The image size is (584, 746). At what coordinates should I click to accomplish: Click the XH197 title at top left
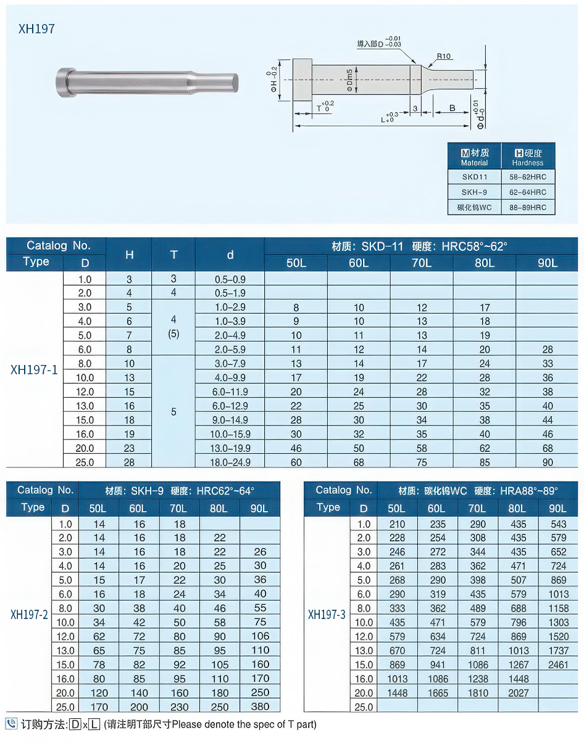36,29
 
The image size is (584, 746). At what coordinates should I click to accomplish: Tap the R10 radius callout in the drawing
444,57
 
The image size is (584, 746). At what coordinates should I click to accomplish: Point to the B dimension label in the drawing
452,109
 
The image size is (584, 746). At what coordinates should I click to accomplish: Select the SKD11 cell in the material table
474,177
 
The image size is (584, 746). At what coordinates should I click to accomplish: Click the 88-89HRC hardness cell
528,208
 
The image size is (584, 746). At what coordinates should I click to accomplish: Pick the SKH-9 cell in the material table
474,192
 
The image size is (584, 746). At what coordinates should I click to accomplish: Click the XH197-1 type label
35,370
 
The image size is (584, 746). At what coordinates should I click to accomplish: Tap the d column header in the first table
230,255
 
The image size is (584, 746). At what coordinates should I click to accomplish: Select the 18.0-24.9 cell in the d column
230,462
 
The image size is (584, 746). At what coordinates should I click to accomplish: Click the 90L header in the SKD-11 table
547,263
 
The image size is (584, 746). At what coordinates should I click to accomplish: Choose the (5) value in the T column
173,334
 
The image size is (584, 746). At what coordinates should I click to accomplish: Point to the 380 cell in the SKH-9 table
260,707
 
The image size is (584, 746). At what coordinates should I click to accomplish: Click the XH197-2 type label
29,615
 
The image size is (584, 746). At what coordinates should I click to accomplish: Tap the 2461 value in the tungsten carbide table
557,665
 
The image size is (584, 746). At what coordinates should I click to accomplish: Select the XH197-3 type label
327,615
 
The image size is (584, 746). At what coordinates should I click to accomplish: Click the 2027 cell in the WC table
517,693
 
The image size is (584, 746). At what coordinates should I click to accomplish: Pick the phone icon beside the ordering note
11,724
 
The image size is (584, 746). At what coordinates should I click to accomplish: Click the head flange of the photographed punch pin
62,81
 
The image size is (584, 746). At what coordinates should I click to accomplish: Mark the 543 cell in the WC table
557,524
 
